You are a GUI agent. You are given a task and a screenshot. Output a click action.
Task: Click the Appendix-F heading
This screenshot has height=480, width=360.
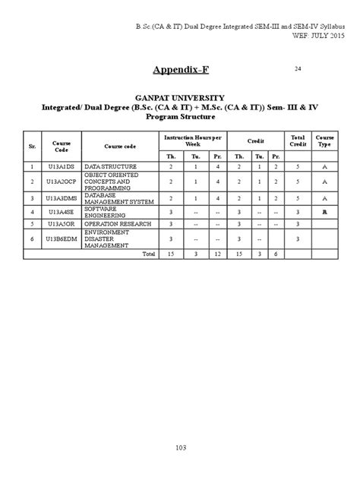tap(180, 71)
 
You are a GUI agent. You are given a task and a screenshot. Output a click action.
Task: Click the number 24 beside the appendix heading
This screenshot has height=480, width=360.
tap(298, 69)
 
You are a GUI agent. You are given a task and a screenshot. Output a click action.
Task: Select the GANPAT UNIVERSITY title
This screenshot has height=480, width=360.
tap(180, 98)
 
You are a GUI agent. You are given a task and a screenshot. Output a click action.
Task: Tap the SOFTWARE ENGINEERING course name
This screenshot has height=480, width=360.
tap(103, 212)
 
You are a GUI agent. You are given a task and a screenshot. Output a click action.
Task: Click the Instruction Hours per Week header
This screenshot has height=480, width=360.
tap(194, 141)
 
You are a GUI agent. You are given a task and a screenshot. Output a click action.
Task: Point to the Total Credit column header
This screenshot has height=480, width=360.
tap(298, 141)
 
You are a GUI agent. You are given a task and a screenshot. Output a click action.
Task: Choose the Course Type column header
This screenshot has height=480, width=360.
tap(324, 141)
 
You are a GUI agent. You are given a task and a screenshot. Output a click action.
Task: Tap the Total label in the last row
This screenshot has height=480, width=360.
tap(149, 253)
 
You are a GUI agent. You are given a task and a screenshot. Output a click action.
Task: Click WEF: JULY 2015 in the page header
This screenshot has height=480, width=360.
tap(323, 36)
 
